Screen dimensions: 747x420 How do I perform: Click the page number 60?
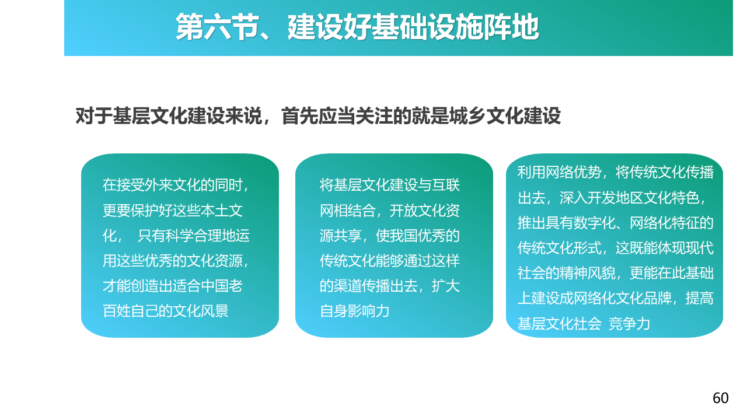pyautogui.click(x=720, y=398)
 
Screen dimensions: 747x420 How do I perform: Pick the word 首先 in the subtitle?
pyautogui.click(x=300, y=116)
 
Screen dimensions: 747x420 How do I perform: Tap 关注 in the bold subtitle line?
pyautogui.click(x=375, y=116)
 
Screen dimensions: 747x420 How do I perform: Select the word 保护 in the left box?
pyautogui.click(x=144, y=211)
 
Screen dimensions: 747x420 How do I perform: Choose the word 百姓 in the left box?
pyautogui.click(x=116, y=311)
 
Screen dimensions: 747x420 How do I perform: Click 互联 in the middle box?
pyautogui.click(x=446, y=185)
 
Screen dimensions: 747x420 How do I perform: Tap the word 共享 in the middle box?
pyautogui.click(x=348, y=236)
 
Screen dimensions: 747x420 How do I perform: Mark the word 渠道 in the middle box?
pyautogui.click(x=348, y=286)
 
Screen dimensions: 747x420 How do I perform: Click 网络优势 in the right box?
pyautogui.click(x=574, y=172)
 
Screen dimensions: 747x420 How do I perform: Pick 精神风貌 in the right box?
pyautogui.click(x=588, y=274)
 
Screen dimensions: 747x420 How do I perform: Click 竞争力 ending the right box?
pyautogui.click(x=630, y=324)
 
